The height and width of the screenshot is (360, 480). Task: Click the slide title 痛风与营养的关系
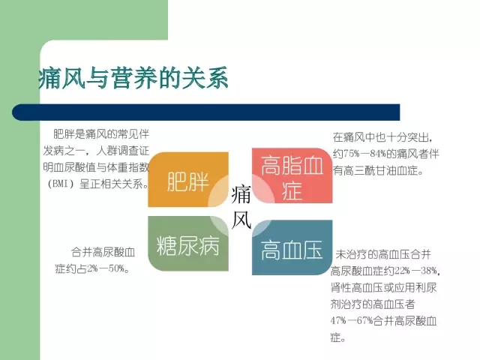pos(133,78)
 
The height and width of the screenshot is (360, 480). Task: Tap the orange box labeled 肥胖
pos(188,180)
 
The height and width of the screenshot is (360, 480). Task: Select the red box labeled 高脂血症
pos(292,175)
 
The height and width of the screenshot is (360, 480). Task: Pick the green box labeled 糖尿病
pos(188,244)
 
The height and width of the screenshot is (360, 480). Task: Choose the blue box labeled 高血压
pos(292,247)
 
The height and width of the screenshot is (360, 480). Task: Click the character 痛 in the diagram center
pos(241,194)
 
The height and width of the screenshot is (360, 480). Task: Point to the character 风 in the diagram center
pos(241,220)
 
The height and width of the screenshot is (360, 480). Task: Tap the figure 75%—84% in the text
pos(364,154)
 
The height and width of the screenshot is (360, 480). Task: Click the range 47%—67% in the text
pos(352,321)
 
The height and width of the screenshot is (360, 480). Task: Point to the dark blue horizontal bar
pos(206,112)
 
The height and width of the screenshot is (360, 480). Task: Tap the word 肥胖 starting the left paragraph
pos(64,133)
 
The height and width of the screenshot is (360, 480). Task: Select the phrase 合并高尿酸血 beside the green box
pos(103,252)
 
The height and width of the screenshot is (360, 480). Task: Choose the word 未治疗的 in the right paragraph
pos(357,254)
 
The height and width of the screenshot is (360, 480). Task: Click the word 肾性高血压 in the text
pos(357,287)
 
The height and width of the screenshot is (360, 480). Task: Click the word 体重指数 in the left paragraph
pos(128,167)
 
